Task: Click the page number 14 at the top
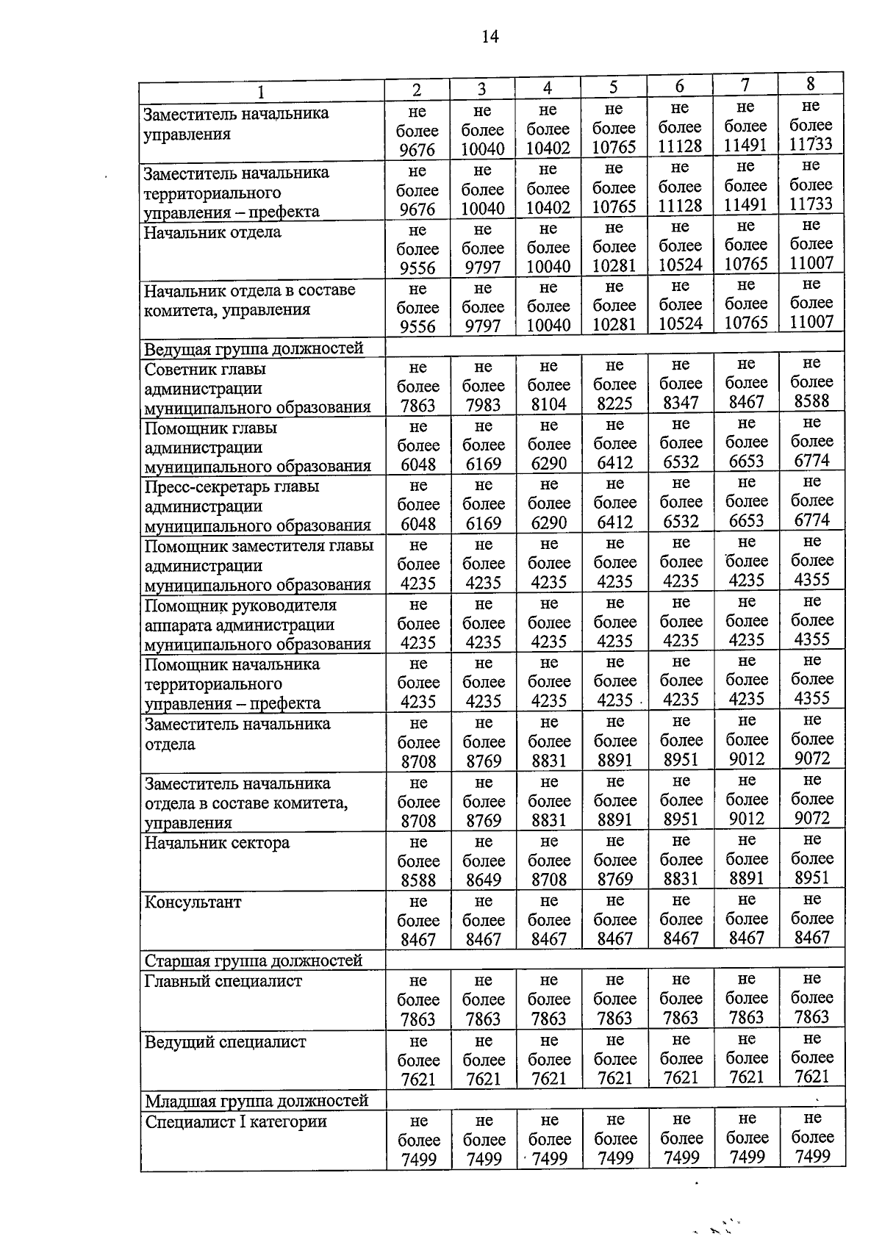coord(490,37)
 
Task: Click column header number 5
coord(613,87)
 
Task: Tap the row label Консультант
coord(193,902)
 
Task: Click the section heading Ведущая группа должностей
coord(254,348)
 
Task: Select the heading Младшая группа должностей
coord(256,1101)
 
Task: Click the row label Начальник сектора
coord(217,843)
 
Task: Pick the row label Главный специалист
coord(223,982)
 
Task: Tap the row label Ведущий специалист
coord(225,1042)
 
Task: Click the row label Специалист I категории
coord(235,1122)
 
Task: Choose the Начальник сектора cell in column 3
coord(483,861)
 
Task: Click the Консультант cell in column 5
coord(614,919)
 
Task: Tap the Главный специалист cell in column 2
coord(417,999)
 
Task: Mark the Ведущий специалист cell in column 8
coord(811,1058)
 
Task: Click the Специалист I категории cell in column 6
coord(681,1139)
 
